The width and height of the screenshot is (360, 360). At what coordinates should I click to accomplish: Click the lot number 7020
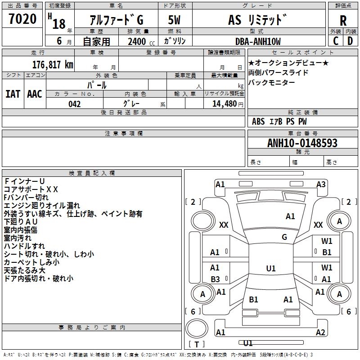23,19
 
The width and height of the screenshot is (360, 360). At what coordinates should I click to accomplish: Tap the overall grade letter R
343,21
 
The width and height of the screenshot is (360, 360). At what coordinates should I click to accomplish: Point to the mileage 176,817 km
52,65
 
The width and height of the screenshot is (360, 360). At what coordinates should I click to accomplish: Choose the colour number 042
75,104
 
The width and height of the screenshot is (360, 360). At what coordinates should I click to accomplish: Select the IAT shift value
13,94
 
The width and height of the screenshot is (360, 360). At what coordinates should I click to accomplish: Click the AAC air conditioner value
35,94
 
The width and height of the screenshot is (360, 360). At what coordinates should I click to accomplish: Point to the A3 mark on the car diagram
321,184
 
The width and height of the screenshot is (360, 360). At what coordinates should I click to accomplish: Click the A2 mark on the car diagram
320,333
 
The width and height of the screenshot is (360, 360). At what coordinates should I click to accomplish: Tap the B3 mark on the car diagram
215,279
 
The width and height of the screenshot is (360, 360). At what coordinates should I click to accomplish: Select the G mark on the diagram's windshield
284,237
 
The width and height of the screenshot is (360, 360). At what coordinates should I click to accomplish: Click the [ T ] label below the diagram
196,344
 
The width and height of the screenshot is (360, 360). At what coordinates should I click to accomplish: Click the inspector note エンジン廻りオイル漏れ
42,205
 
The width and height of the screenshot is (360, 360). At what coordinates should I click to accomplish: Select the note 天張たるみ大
24,270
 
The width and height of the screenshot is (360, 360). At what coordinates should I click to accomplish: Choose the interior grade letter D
350,41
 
